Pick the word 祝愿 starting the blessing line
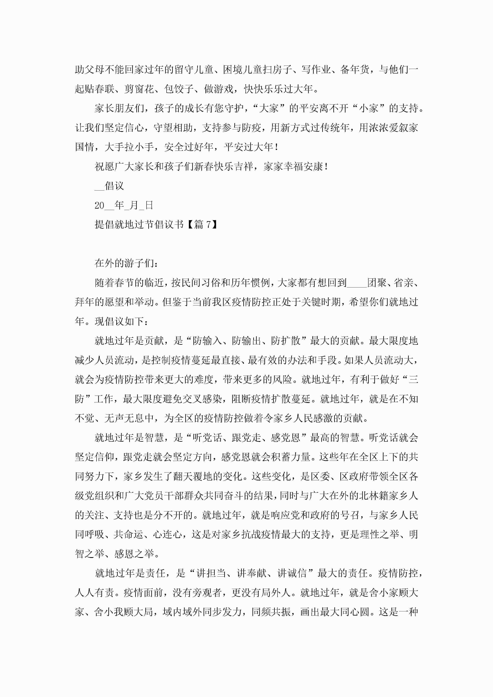coord(105,166)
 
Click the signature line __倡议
coord(109,186)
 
